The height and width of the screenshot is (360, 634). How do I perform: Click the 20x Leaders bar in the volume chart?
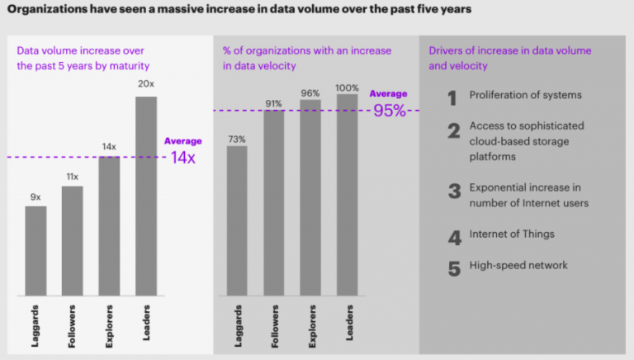point(146,195)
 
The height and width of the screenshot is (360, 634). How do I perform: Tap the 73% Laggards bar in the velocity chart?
point(237,220)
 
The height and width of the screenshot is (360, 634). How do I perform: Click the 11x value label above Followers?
point(72,177)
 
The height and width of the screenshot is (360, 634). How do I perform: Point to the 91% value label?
point(273,103)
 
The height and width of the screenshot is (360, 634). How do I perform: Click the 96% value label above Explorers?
point(310,93)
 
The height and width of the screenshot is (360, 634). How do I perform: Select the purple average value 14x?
point(182,158)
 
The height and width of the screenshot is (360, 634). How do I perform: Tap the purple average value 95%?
point(389,111)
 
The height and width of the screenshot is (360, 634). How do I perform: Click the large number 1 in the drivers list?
point(452,99)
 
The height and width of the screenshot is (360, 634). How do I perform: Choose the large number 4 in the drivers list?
point(453,239)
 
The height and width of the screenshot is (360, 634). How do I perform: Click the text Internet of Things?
point(511,234)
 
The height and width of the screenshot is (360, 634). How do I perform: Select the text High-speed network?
point(518,265)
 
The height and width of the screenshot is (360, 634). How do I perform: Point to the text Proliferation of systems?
point(525,95)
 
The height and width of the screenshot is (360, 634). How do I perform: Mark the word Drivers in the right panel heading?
point(446,50)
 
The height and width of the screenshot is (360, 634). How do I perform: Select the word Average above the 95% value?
point(388,94)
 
